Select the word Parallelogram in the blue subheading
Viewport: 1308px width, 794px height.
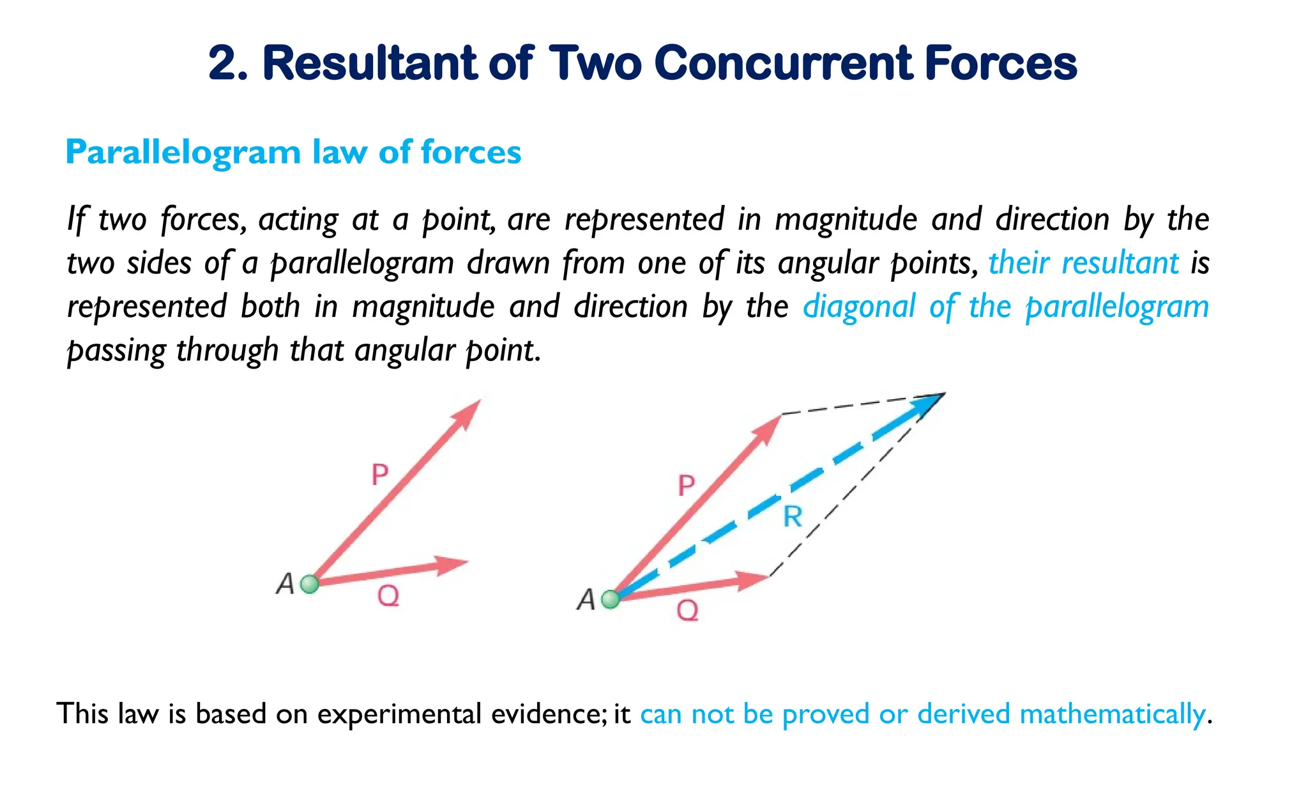[183, 153]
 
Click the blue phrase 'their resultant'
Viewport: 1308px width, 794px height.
[1083, 263]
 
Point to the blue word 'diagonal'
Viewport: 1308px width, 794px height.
[859, 307]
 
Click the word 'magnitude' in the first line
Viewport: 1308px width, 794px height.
[846, 220]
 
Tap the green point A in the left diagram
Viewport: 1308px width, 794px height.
[310, 584]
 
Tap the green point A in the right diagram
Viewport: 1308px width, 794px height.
[611, 599]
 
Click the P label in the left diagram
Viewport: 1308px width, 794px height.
[380, 475]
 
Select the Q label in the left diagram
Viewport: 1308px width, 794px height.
[388, 597]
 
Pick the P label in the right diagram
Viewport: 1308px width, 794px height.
[686, 485]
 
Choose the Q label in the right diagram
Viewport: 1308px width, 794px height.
[688, 611]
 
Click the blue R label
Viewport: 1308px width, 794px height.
[793, 516]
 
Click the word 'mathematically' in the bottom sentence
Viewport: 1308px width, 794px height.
[1112, 714]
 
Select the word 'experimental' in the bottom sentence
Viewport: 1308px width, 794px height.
[399, 714]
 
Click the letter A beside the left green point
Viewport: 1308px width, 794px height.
[285, 584]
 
